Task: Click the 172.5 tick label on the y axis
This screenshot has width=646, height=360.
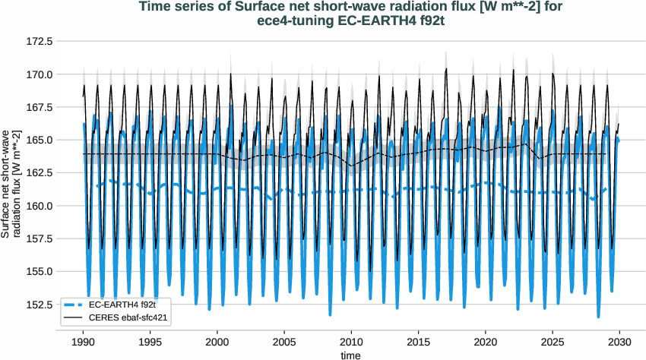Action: pyautogui.click(x=37, y=41)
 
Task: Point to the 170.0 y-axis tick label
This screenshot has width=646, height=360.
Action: pyautogui.click(x=37, y=74)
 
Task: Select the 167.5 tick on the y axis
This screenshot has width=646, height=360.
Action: pyautogui.click(x=37, y=107)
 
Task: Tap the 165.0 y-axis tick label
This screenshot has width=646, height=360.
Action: pyautogui.click(x=37, y=140)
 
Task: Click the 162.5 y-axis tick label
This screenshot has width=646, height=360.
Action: pyautogui.click(x=37, y=172)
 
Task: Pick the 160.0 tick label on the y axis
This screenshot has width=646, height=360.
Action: pyautogui.click(x=37, y=206)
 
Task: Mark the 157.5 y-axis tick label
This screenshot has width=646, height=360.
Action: pyautogui.click(x=37, y=238)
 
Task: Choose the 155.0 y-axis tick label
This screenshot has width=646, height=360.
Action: pyautogui.click(x=37, y=271)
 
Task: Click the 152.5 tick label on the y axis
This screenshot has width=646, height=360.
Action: pyautogui.click(x=37, y=304)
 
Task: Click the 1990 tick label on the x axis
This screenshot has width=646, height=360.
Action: pyautogui.click(x=84, y=341)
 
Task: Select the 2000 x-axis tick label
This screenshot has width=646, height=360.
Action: pyautogui.click(x=217, y=341)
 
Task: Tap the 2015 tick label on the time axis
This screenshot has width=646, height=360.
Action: pyautogui.click(x=419, y=341)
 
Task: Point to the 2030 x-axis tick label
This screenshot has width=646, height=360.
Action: pyautogui.click(x=619, y=341)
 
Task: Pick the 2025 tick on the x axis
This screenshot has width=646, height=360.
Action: pyautogui.click(x=553, y=341)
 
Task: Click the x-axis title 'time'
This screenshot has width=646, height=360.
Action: pyautogui.click(x=351, y=354)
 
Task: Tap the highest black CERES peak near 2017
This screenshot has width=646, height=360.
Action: pyautogui.click(x=446, y=68)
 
